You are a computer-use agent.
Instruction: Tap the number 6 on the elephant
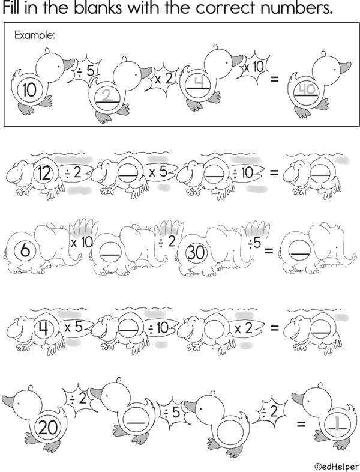point(25,250)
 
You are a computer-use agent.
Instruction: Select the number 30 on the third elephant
point(196,252)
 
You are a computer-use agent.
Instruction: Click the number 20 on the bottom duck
point(48,428)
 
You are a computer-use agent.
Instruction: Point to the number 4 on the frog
point(44,328)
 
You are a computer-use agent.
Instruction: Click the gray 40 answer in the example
point(307,89)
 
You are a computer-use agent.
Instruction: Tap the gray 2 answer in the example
point(106,95)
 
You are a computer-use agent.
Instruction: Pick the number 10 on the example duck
point(29,89)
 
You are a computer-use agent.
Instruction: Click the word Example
point(35,35)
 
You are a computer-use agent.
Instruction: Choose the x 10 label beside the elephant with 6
point(82,243)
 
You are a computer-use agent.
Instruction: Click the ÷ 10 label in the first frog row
point(243,172)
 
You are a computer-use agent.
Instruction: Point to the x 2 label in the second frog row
point(244,328)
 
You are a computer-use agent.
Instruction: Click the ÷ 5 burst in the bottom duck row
point(171,413)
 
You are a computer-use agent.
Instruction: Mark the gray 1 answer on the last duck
point(338,423)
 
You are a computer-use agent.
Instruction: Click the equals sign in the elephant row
point(269,250)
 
